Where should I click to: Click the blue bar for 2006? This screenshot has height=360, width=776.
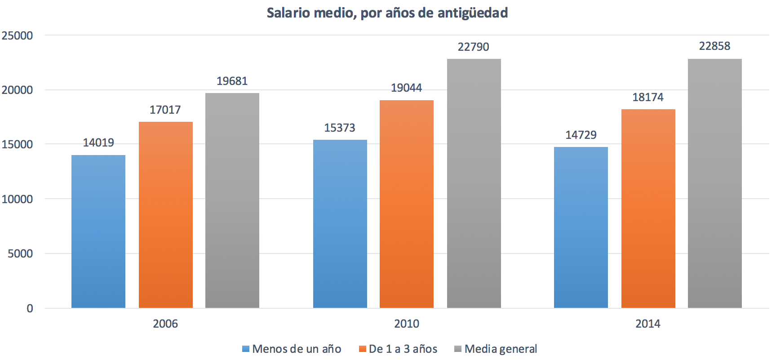pos(98,231)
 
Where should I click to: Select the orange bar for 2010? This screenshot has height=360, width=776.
pos(407,204)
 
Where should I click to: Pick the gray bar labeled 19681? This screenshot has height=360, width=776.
pos(232,200)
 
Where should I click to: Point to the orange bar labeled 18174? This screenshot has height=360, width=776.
pos(648,209)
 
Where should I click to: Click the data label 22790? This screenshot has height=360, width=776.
pos(473,47)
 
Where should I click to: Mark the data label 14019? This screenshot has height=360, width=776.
pos(98,143)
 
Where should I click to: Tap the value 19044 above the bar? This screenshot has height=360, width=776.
pos(406,88)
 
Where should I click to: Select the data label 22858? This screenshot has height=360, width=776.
pos(714,46)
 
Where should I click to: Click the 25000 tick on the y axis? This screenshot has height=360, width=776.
pos(18,36)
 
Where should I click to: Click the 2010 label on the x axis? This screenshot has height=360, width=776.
pos(407,324)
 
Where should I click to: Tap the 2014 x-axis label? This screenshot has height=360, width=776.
pos(647,324)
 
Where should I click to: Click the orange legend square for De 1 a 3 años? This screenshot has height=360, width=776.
pos(363,349)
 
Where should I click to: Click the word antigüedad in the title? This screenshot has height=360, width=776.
pos(473,13)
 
